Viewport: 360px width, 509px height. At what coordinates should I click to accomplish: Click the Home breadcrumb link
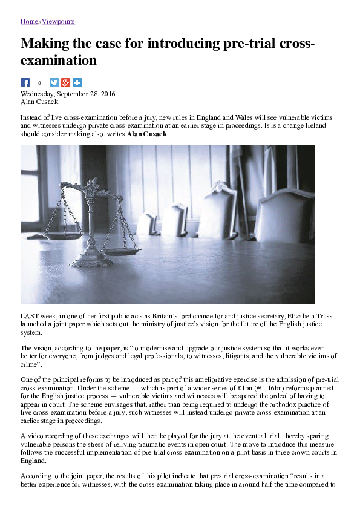pos(29,21)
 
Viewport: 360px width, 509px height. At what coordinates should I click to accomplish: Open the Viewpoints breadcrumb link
pos(58,21)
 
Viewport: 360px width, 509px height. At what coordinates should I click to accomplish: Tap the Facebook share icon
pos(25,83)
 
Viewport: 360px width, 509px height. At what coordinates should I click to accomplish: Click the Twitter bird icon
pos(54,83)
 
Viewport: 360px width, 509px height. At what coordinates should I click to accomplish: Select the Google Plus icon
pos(66,83)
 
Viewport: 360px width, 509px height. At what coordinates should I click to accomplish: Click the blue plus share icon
pos(77,83)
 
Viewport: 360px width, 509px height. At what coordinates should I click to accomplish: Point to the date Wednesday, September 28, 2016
pos(68,94)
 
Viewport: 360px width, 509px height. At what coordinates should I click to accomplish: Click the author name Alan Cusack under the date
pos(40,102)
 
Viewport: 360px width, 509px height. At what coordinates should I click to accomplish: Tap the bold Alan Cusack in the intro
pos(146,133)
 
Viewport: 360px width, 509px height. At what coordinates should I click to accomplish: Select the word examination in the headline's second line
pos(59,61)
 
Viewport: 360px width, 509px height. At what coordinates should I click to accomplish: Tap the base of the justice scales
pos(91,263)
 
